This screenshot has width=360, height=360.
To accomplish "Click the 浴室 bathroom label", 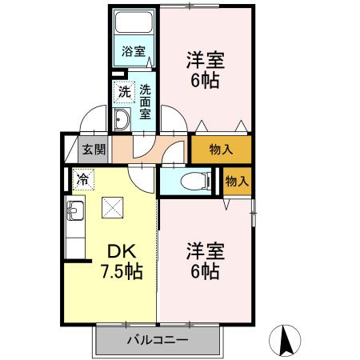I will tap(134, 52).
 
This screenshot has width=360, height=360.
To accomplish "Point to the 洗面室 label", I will tap(146, 102).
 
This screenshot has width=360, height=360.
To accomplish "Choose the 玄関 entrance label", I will tap(94, 149).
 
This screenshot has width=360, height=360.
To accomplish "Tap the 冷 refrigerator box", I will tap(82, 179).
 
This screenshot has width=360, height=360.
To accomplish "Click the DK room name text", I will tap(111, 251).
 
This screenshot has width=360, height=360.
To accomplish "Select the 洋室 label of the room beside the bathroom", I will tap(206, 59).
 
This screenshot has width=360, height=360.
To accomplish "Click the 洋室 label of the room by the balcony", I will tap(206, 250).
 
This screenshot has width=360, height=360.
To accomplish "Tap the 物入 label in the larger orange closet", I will tap(221, 149).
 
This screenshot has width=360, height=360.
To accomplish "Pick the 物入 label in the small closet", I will tap(238, 181).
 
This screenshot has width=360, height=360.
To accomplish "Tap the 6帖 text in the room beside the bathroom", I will tap(206, 80).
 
